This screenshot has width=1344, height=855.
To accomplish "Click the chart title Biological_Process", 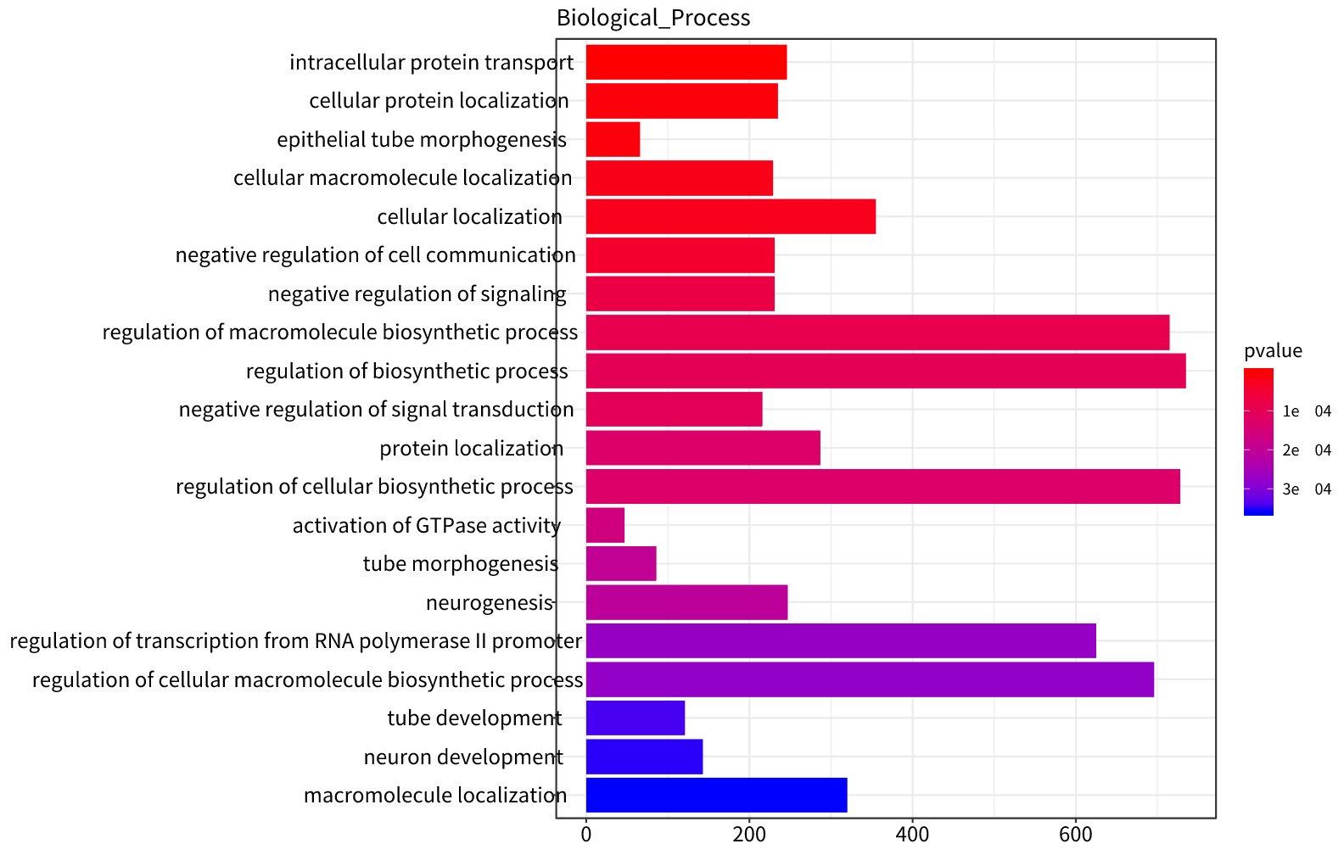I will coord(652,18).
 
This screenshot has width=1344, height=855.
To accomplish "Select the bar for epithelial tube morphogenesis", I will coord(613,139).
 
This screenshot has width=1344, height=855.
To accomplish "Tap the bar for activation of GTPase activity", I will coord(605,525).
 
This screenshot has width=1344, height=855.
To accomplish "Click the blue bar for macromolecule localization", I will coord(716,795).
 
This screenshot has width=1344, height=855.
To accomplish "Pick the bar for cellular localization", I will coord(731,216).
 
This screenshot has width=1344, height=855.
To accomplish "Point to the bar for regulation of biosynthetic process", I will coord(886,371).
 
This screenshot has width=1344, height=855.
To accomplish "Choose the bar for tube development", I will coord(635,718).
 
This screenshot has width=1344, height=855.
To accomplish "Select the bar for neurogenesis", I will coord(686,602).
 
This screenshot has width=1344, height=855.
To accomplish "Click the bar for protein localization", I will coord(703,448).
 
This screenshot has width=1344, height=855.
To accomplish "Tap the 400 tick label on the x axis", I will coord(912,835).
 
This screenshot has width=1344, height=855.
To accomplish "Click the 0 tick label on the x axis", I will coord(586,835).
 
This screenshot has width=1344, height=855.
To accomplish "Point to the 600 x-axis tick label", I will coord(1075,835).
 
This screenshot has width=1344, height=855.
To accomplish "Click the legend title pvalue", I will coord(1273,351).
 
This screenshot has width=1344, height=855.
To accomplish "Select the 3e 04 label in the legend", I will coord(1307,489).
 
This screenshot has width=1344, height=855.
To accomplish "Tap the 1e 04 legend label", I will coord(1307,411).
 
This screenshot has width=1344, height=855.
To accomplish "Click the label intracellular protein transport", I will coord(431,63).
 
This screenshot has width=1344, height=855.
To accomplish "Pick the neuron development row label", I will coord(463,757).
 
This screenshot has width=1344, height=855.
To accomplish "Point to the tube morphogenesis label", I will coord(461,564).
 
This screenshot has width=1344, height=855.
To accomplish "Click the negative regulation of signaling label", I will coord(417,294).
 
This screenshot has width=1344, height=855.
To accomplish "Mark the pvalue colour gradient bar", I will coord(1258,441).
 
